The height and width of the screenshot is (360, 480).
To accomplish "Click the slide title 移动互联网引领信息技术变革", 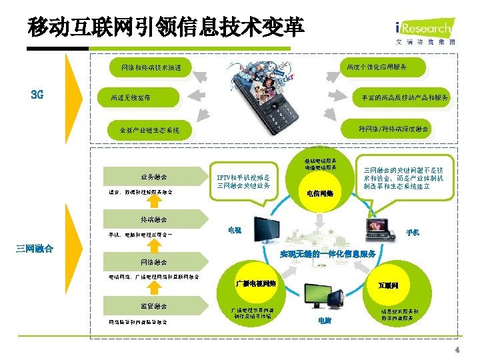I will [x=166, y=27].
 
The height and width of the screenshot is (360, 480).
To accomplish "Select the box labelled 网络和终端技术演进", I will [x=156, y=67].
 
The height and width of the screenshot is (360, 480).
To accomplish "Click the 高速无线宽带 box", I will [x=131, y=98].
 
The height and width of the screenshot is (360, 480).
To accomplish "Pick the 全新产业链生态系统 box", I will [x=150, y=130].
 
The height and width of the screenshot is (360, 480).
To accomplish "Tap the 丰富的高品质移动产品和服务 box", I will [x=401, y=97].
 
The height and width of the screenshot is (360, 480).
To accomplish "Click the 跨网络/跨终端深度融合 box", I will [x=393, y=128].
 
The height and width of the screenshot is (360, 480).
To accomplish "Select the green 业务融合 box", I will [x=154, y=177].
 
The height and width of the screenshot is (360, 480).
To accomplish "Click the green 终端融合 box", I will [x=154, y=219].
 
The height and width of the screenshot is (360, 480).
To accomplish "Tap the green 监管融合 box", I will [x=154, y=306].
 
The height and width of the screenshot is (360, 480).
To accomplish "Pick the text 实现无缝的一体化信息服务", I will [x=328, y=254].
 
